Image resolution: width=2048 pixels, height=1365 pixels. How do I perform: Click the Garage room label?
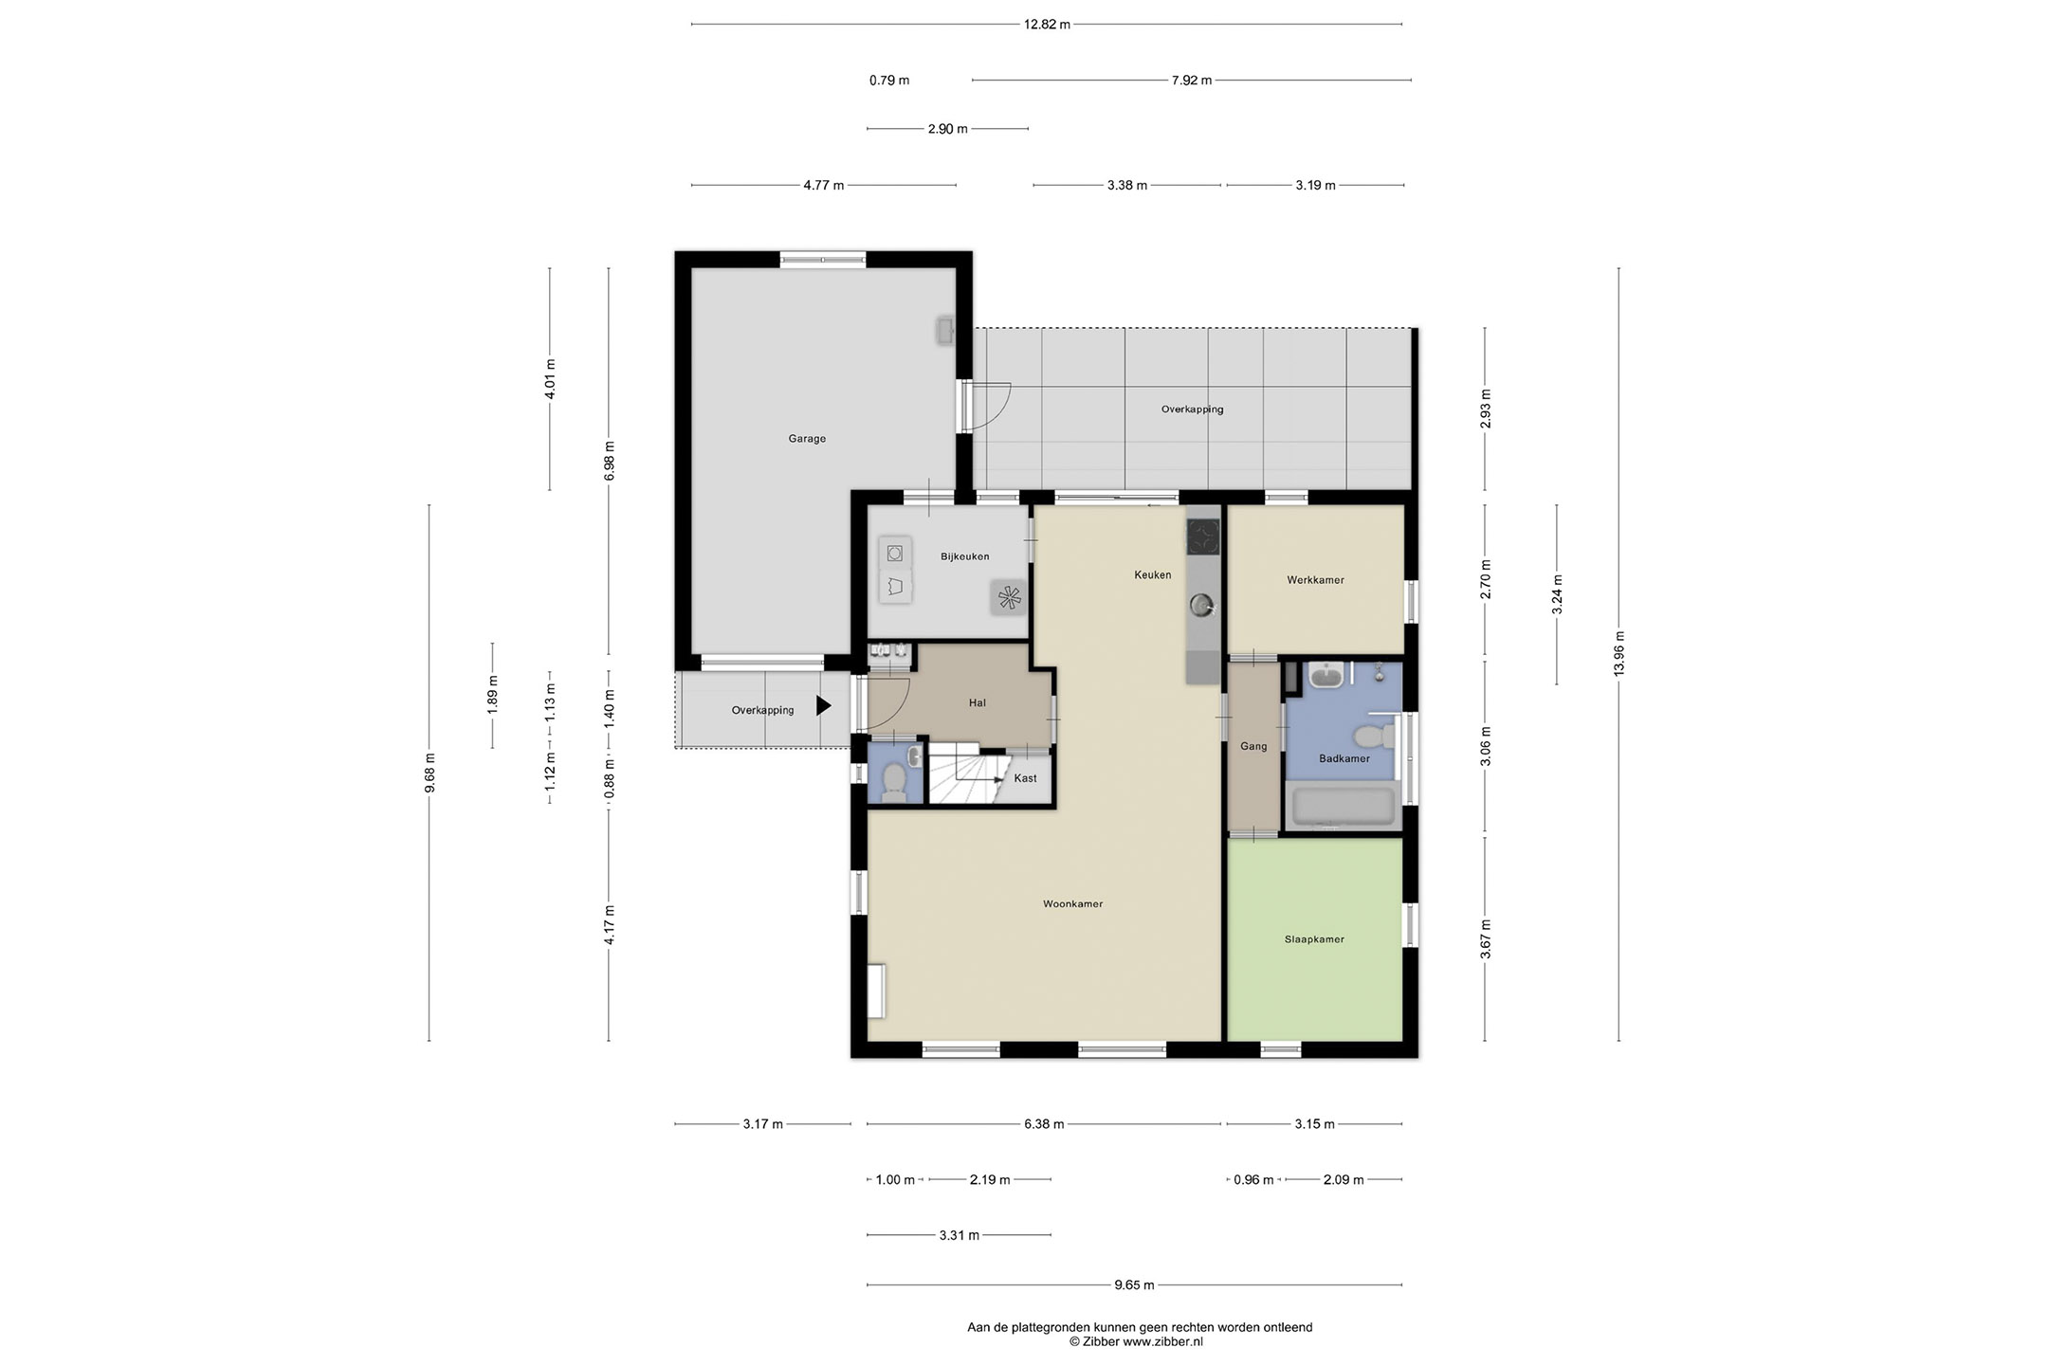807,439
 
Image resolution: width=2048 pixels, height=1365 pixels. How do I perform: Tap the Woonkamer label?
1072,904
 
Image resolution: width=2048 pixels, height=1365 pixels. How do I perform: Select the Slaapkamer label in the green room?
1314,939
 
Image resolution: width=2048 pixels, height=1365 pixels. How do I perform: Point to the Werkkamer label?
1315,580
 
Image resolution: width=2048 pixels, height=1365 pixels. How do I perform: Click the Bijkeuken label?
965,556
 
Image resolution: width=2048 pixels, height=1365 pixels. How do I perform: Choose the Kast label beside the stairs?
1025,778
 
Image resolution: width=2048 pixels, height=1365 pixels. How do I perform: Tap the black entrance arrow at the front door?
824,705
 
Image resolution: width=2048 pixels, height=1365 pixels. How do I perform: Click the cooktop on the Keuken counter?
1203,537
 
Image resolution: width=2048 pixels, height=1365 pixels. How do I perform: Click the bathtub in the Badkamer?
1344,806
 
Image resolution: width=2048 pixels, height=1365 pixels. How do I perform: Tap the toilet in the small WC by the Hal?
893,781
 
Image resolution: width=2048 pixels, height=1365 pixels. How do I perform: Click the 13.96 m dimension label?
1619,654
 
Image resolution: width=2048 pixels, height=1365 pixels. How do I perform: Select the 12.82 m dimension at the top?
1047,25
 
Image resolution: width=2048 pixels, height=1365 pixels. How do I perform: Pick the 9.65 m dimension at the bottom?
1134,1285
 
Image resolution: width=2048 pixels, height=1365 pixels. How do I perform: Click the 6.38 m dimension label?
1044,1124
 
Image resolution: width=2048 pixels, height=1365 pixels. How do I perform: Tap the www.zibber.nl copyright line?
1136,1342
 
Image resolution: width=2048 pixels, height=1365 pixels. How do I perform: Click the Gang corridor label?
1253,747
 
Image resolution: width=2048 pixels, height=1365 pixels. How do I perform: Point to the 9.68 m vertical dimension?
430,773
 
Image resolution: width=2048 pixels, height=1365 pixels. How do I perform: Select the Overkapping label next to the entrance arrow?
762,711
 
